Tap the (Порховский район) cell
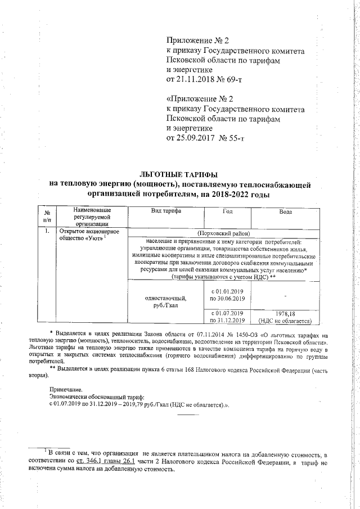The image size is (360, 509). click(223, 232)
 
